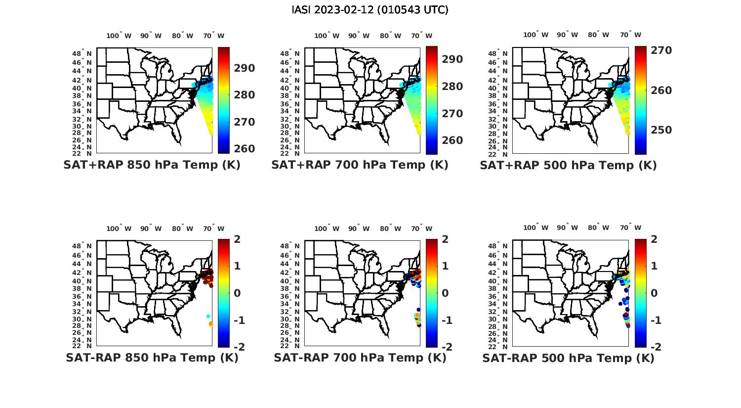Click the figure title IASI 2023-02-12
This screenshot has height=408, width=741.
[370, 10]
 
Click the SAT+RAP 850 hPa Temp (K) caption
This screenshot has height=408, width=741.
[152, 165]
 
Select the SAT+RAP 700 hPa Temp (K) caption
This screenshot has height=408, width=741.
[360, 165]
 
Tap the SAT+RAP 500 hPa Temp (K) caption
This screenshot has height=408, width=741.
[568, 166]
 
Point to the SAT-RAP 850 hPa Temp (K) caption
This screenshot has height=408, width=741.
[152, 358]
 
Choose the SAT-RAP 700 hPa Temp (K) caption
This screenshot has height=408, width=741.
[360, 358]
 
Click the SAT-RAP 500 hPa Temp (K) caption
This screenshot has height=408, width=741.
[568, 358]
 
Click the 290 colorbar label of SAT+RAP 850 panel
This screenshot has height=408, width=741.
[244, 68]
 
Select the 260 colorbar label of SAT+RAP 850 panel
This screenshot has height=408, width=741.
[244, 149]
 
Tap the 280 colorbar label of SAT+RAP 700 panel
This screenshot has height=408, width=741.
[452, 87]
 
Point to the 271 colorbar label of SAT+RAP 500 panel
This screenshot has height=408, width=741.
[660, 50]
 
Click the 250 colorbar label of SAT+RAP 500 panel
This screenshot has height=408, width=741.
[660, 130]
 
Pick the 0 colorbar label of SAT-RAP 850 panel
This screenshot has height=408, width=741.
[237, 293]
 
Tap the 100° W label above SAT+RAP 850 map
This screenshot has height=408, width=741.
[119, 36]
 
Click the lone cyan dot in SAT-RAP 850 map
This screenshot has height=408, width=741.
[208, 316]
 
